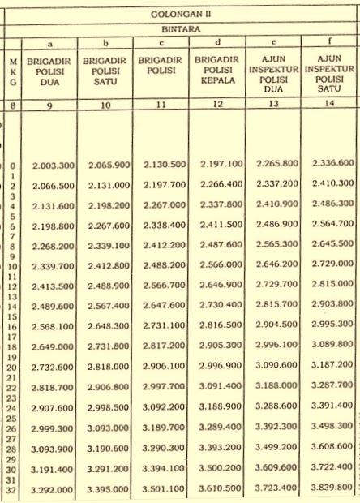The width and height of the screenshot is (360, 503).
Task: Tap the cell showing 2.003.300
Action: [54, 166]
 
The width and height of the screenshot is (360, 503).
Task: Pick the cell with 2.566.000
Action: [221, 265]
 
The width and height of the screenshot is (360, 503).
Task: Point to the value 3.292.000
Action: [54, 489]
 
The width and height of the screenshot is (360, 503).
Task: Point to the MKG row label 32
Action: [12, 489]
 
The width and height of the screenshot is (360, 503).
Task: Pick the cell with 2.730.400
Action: [221, 305]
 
